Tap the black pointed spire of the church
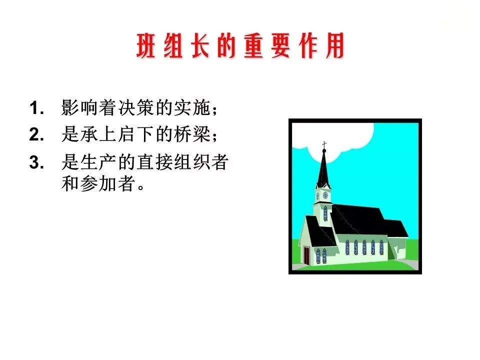coord(323,170)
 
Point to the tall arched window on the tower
coord(325,213)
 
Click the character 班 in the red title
coord(147,48)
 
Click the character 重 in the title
coord(254,48)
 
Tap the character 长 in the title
coord(201,48)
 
